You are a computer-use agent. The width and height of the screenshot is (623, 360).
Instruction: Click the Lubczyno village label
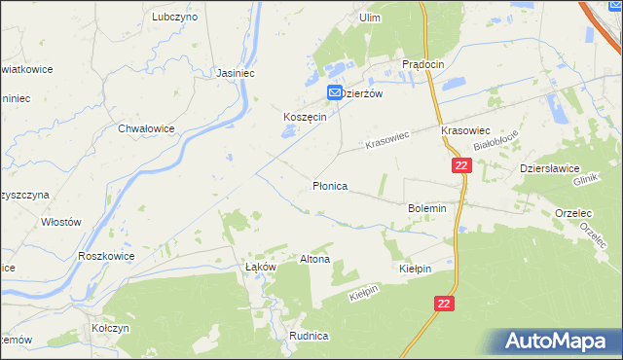(175, 17)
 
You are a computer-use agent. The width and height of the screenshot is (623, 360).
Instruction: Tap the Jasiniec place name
(234, 72)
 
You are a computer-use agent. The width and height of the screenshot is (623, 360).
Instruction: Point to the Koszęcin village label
(303, 115)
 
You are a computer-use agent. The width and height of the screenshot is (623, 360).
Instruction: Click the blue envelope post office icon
(334, 92)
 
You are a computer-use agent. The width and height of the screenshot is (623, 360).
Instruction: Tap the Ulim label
(369, 18)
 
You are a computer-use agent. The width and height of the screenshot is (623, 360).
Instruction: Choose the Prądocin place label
(423, 63)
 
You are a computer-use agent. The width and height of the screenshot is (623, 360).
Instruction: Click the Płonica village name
(330, 184)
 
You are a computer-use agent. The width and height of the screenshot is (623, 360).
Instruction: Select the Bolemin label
(426, 208)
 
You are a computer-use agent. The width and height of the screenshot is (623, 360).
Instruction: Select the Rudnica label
(309, 335)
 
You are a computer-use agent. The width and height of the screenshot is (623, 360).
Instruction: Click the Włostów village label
(60, 221)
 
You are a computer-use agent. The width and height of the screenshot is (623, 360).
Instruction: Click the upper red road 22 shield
(461, 166)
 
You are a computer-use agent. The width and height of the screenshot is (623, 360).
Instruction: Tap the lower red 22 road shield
(444, 304)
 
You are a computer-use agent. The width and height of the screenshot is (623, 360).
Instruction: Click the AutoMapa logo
(559, 340)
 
